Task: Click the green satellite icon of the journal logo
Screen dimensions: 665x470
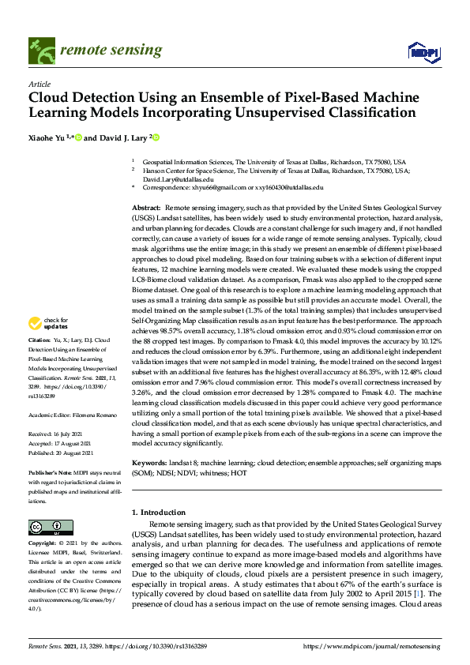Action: (39, 52)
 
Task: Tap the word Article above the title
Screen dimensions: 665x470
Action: (39, 85)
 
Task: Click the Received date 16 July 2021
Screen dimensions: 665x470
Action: (77, 434)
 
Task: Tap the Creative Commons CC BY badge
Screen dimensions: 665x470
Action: (45, 528)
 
